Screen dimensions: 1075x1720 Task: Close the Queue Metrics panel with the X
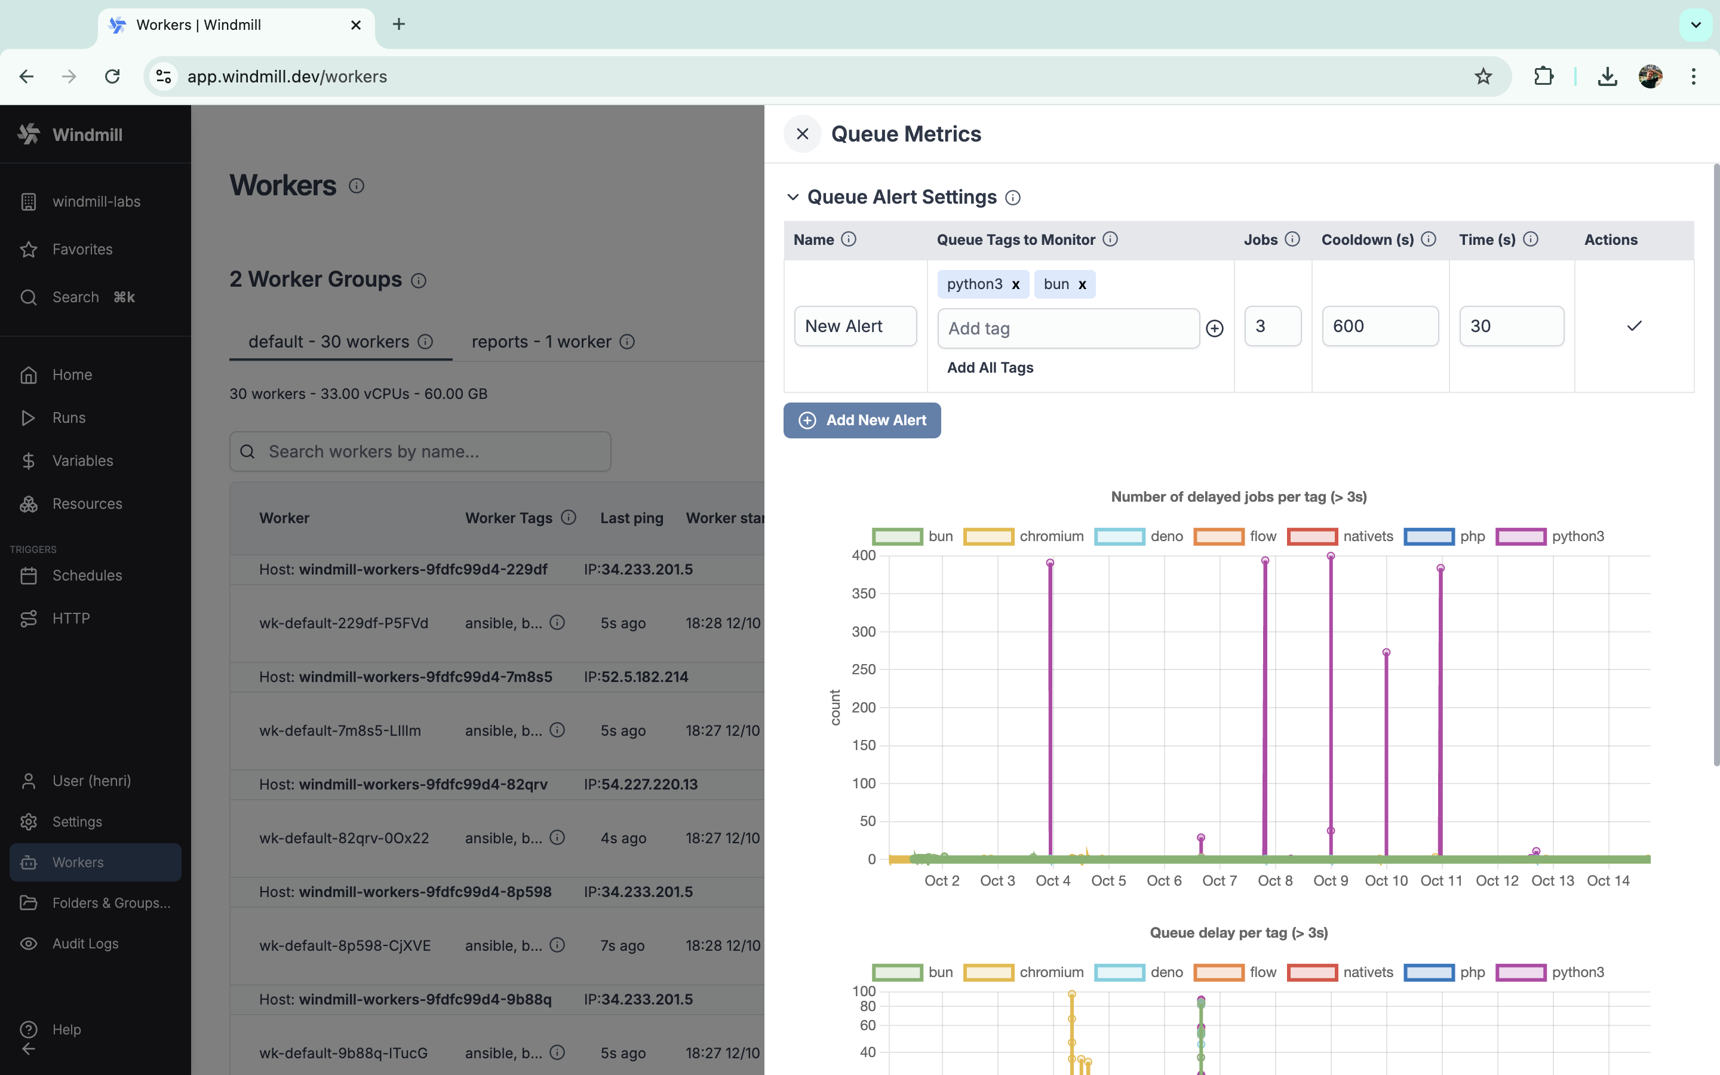point(803,134)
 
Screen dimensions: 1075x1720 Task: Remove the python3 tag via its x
point(1016,284)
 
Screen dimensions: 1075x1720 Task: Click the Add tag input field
point(1068,328)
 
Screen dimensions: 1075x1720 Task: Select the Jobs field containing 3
point(1272,326)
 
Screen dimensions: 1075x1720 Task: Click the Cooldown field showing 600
point(1380,326)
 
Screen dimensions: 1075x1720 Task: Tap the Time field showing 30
point(1511,326)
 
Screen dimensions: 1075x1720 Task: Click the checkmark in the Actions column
point(1634,326)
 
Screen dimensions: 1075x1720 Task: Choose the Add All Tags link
point(990,367)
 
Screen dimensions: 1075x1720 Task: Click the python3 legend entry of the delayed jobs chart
point(1550,536)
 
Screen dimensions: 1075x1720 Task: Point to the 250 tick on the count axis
point(864,669)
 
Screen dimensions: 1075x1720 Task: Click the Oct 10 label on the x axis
point(1386,881)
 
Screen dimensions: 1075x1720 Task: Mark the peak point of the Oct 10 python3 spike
point(1386,652)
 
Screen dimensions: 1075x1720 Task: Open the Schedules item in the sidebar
point(87,575)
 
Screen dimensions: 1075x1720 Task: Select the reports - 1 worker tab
point(542,342)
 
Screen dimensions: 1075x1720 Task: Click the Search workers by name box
point(420,451)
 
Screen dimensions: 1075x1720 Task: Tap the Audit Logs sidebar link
point(85,944)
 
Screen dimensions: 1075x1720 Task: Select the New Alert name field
point(855,326)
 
